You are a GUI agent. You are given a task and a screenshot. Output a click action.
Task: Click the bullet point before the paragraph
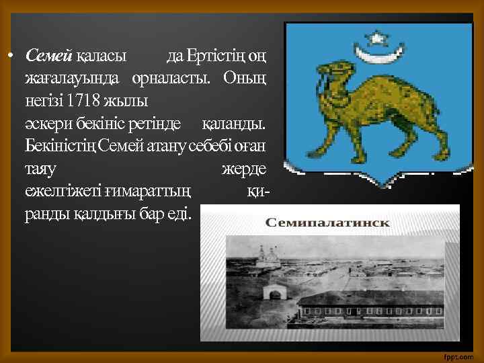[12, 54]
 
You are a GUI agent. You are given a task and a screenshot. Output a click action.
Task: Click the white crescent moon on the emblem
[376, 52]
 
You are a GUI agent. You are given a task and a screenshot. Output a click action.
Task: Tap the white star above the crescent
[377, 37]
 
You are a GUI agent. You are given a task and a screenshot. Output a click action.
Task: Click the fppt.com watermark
[460, 355]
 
